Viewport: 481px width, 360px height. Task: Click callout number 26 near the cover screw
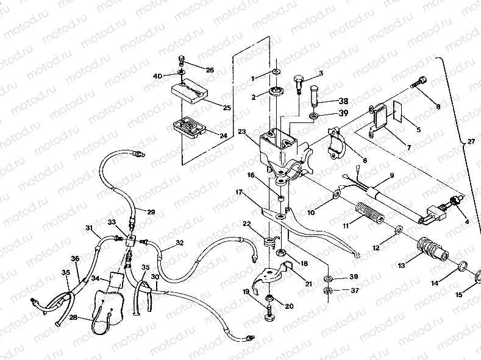click(x=210, y=70)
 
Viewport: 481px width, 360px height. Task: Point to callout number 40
click(x=157, y=76)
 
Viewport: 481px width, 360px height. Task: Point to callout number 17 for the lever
click(x=241, y=192)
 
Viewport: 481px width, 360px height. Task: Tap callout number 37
click(x=355, y=291)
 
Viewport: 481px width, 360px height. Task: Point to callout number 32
click(x=180, y=242)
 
